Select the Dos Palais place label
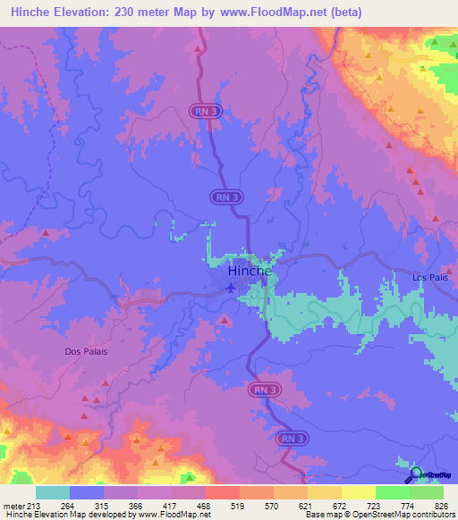[86, 351]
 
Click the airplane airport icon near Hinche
[232, 287]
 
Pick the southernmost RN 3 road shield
[292, 439]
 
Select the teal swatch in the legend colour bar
[53, 492]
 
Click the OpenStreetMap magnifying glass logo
[415, 473]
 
